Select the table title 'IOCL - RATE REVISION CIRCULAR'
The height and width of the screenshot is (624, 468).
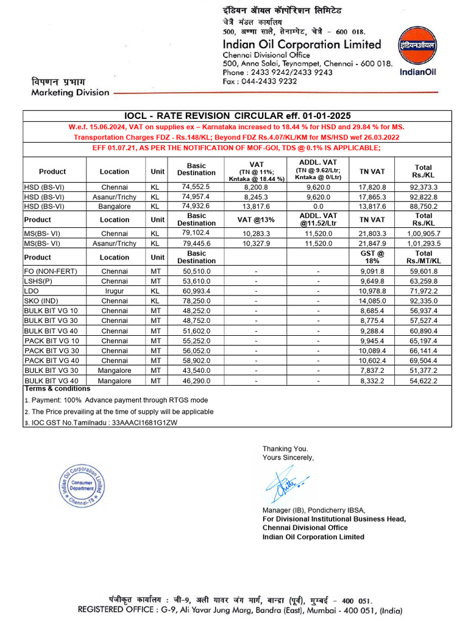pyautogui.click(x=238, y=116)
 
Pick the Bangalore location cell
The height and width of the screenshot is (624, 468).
pyautogui.click(x=115, y=207)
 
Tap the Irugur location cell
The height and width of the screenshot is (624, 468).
pyautogui.click(x=115, y=291)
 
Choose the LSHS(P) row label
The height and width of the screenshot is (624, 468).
pyautogui.click(x=38, y=282)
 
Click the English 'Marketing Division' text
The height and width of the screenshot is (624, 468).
pyautogui.click(x=70, y=93)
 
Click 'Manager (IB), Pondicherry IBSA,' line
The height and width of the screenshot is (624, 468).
pyautogui.click(x=313, y=510)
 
